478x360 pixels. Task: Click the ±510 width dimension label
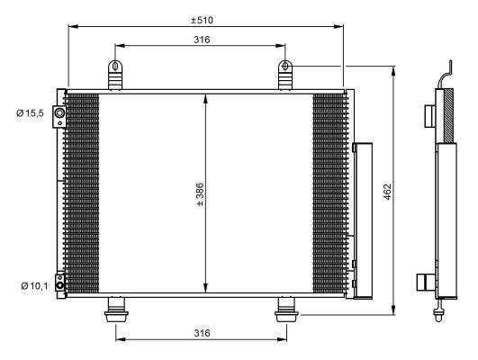tap(202, 21)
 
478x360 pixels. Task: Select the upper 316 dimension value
tap(202, 40)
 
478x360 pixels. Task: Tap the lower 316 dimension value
tap(202, 333)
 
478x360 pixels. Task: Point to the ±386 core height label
tap(200, 194)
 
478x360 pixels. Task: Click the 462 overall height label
tap(387, 192)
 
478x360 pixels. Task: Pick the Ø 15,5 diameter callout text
tap(31, 113)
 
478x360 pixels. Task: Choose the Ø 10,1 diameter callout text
tap(34, 286)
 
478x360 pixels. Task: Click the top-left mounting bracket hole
tap(115, 66)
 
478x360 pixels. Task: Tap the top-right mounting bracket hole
tap(285, 66)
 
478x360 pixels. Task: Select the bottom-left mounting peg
tap(116, 310)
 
